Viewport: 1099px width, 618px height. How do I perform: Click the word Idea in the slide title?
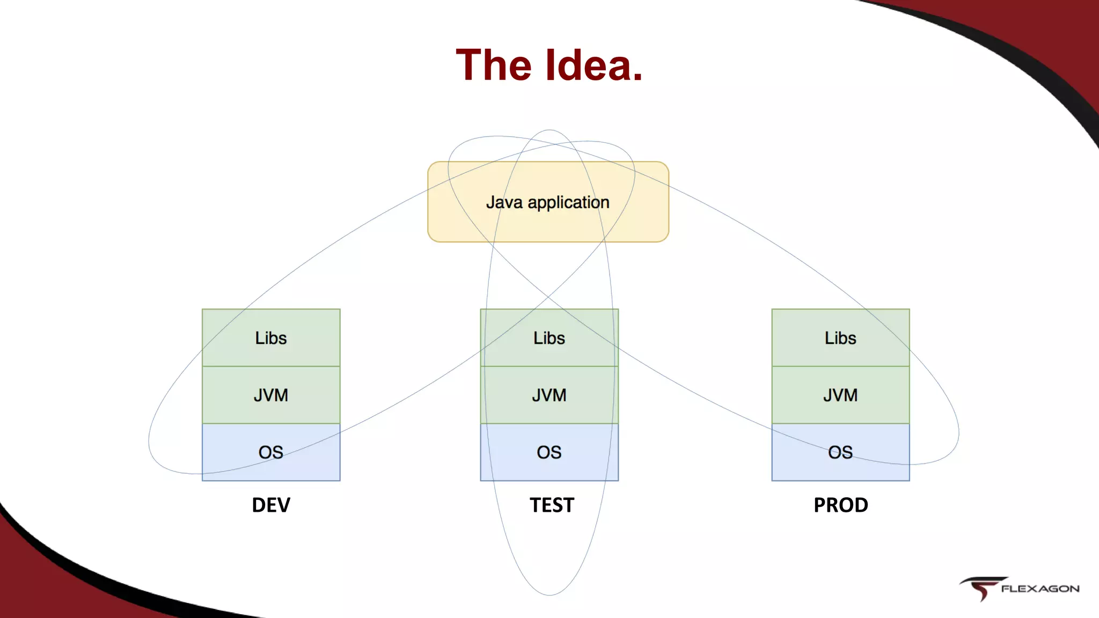click(594, 65)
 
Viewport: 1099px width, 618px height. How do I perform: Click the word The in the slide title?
click(494, 65)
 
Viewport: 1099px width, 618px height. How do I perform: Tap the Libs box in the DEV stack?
click(271, 338)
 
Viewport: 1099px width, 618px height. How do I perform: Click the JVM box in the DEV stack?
click(271, 395)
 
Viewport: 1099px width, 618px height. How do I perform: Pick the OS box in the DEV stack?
click(271, 452)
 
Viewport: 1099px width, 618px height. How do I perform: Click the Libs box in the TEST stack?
click(549, 338)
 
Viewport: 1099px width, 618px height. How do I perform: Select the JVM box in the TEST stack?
click(549, 395)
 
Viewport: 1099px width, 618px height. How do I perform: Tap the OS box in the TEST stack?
click(549, 452)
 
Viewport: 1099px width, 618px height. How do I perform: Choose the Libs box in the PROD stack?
click(840, 338)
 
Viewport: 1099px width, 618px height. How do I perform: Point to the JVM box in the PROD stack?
click(840, 395)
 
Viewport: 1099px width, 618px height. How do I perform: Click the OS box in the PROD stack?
click(840, 452)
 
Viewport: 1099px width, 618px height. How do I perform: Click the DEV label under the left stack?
click(271, 505)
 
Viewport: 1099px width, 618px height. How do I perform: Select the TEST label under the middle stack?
click(552, 505)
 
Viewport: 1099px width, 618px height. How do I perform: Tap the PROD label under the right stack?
click(841, 505)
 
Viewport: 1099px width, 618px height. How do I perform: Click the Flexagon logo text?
click(1040, 588)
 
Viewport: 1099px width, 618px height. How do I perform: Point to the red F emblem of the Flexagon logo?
click(981, 588)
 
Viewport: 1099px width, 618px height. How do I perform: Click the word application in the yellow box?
click(568, 203)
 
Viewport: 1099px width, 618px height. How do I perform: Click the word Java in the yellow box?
click(504, 202)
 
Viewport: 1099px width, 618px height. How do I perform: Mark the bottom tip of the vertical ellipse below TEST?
click(549, 594)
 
